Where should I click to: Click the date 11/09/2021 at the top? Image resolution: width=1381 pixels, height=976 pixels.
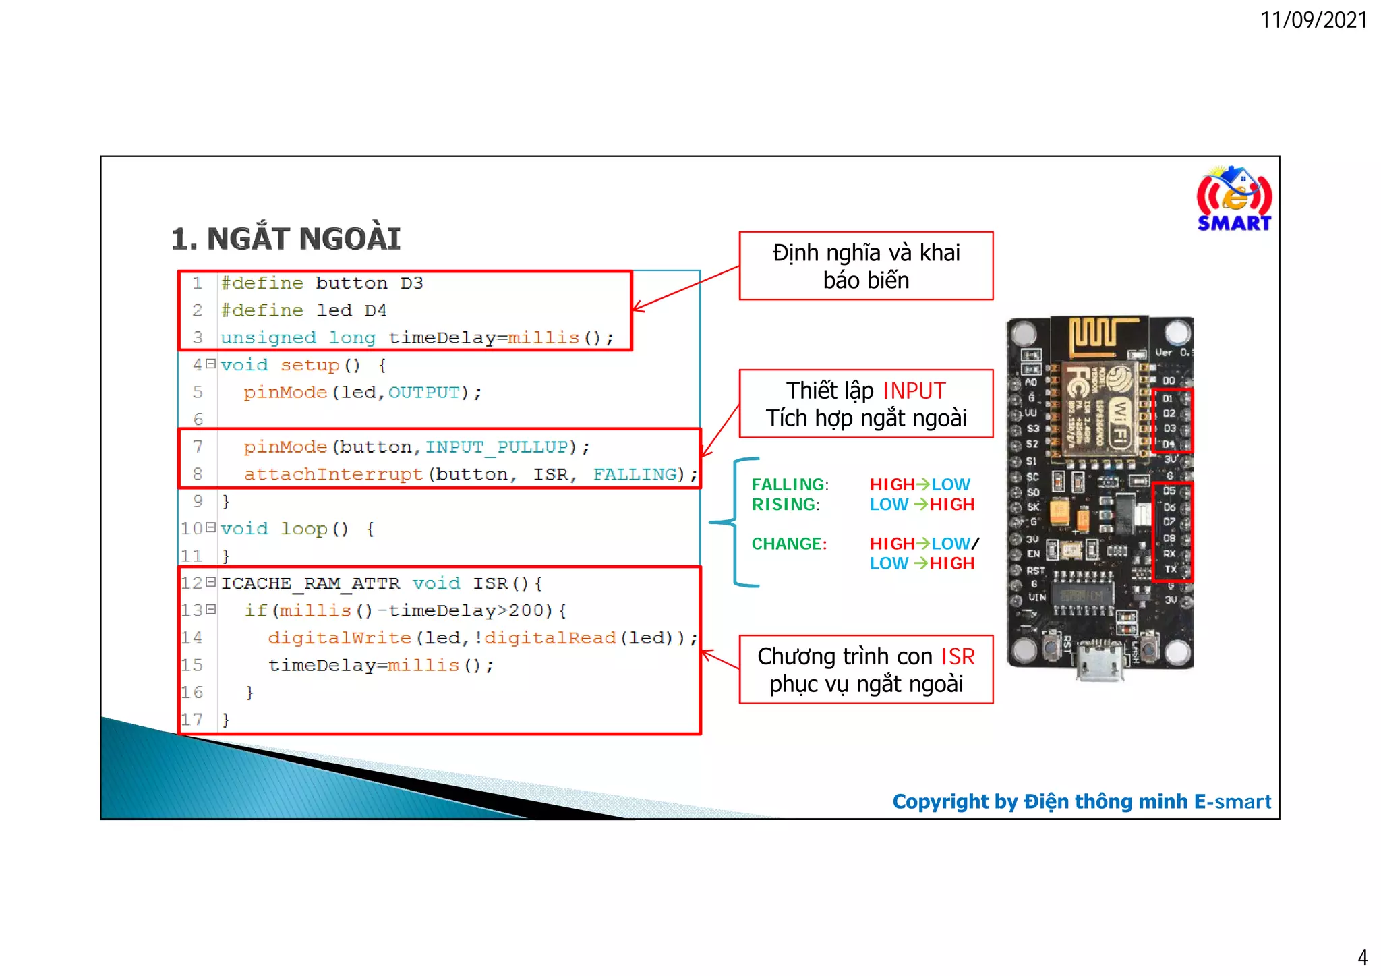click(1314, 20)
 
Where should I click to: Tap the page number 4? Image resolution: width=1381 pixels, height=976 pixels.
click(1362, 957)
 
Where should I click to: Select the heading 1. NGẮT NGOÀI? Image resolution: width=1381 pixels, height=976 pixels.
click(286, 239)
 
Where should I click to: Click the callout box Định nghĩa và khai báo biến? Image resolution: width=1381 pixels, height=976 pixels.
click(866, 266)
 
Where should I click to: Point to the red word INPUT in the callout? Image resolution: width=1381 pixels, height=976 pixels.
click(914, 391)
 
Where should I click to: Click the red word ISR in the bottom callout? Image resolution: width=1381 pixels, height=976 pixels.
click(958, 656)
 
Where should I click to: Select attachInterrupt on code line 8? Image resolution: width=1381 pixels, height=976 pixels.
click(333, 475)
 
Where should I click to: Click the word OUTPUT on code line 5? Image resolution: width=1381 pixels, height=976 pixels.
click(424, 393)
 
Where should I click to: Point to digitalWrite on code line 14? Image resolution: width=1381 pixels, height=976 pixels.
click(339, 638)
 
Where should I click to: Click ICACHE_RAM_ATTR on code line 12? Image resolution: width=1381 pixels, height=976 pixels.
click(310, 583)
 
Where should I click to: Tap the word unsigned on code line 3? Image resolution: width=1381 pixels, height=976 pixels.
click(268, 338)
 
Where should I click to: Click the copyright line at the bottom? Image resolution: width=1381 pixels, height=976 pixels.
click(1081, 801)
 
